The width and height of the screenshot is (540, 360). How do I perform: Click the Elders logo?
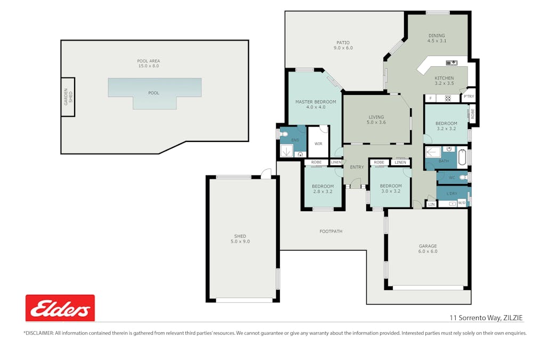pyautogui.click(x=60, y=308)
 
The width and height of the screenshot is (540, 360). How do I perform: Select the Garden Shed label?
pyautogui.click(x=68, y=97)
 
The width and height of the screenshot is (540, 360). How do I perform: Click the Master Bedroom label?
pyautogui.click(x=316, y=102)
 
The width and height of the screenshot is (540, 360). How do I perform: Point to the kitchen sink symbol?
pyautogui.click(x=452, y=63)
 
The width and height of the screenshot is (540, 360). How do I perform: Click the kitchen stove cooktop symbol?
pyautogui.click(x=448, y=98)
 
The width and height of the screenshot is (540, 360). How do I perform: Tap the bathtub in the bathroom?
pyautogui.click(x=462, y=157)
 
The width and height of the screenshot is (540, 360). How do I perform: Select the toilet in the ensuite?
pyautogui.click(x=284, y=134)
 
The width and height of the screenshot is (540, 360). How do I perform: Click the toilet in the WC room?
pyautogui.click(x=464, y=178)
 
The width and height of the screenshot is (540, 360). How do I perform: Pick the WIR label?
pyautogui.click(x=318, y=143)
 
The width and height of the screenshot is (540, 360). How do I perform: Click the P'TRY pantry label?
pyautogui.click(x=469, y=97)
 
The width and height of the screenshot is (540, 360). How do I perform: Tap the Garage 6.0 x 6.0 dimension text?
pyautogui.click(x=428, y=251)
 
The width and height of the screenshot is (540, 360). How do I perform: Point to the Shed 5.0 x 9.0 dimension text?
pyautogui.click(x=240, y=241)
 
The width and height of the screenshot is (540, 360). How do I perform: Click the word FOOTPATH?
pyautogui.click(x=331, y=231)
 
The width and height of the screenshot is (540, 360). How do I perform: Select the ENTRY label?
pyautogui.click(x=357, y=167)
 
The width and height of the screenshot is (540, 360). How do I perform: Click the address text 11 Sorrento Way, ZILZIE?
pyautogui.click(x=486, y=318)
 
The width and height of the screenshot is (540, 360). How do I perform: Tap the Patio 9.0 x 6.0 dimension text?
pyautogui.click(x=343, y=48)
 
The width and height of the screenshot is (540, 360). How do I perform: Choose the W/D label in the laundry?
pyautogui.click(x=462, y=203)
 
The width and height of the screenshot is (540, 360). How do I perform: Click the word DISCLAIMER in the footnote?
pyautogui.click(x=38, y=333)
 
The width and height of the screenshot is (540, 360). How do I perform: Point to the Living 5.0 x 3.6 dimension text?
pyautogui.click(x=376, y=122)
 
